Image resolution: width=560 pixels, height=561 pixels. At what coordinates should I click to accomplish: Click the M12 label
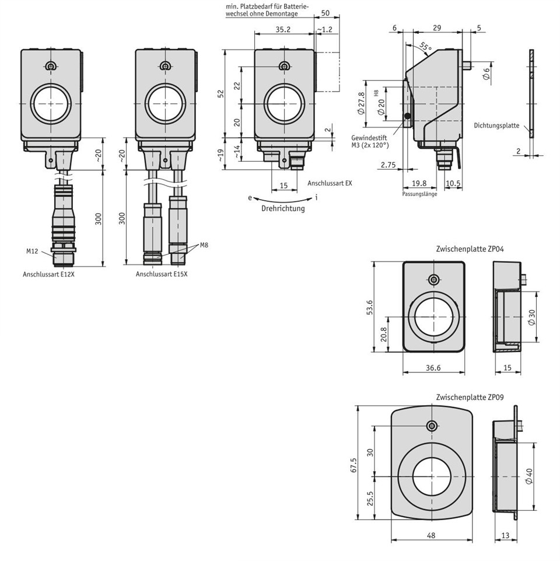pyautogui.click(x=32, y=251)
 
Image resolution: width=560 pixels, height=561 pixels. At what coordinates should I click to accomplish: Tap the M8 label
pyautogui.click(x=204, y=245)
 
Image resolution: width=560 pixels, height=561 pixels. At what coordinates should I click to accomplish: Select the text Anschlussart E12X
pyautogui.click(x=48, y=274)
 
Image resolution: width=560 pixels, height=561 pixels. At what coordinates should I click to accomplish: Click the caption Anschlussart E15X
pyautogui.click(x=162, y=274)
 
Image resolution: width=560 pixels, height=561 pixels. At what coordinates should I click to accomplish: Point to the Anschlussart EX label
pyautogui.click(x=330, y=183)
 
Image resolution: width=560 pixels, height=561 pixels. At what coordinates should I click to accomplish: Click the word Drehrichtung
pyautogui.click(x=283, y=208)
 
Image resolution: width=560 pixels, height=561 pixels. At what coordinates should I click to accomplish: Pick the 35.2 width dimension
pyautogui.click(x=283, y=29)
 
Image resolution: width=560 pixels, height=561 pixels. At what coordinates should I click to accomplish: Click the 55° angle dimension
pyautogui.click(x=425, y=47)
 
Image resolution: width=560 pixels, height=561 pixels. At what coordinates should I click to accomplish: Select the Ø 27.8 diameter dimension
pyautogui.click(x=361, y=103)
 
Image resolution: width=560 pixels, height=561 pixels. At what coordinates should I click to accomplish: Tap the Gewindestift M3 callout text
pyautogui.click(x=370, y=141)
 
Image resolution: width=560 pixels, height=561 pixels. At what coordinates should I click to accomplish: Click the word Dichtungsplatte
pyautogui.click(x=496, y=126)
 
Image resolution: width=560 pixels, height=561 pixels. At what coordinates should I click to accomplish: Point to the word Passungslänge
pyautogui.click(x=419, y=194)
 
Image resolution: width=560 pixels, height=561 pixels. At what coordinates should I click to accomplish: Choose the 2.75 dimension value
pyautogui.click(x=388, y=165)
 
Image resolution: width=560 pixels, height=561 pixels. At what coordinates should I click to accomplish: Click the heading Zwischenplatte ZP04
pyautogui.click(x=470, y=249)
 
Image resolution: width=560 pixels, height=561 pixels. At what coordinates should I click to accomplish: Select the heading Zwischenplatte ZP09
pyautogui.click(x=470, y=397)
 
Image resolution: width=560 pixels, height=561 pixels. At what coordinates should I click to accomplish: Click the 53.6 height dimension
pyautogui.click(x=369, y=307)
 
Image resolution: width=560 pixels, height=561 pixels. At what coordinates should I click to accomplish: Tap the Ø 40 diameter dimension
pyautogui.click(x=529, y=476)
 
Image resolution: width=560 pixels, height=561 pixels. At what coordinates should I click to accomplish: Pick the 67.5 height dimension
pyautogui.click(x=353, y=465)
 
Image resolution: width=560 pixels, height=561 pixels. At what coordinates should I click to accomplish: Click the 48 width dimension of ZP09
pyautogui.click(x=431, y=535)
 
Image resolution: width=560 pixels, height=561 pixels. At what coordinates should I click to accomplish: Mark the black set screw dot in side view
pyautogui.click(x=407, y=116)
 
